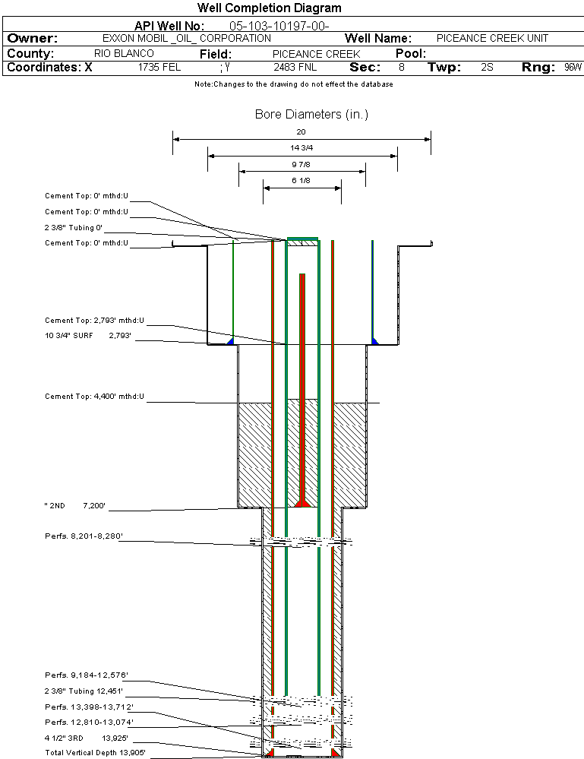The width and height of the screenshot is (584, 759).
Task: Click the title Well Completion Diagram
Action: coord(269,8)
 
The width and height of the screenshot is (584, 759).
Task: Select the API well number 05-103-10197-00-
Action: coord(279,26)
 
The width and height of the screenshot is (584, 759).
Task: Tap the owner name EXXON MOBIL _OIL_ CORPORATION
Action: coord(186,38)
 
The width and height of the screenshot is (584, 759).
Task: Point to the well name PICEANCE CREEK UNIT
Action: coord(492,38)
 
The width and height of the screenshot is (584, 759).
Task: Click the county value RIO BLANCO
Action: coord(124,54)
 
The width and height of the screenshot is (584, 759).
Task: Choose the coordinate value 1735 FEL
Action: coord(159,68)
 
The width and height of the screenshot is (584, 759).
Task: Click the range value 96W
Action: coord(573,68)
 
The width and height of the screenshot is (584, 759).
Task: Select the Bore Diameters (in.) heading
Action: coord(311,115)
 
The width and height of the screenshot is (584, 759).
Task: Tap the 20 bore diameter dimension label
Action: coord(301,131)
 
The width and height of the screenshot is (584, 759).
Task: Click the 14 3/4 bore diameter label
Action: coord(301,147)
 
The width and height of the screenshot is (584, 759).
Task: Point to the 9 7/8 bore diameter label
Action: coord(301,164)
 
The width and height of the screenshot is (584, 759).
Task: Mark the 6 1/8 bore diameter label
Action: coord(301,180)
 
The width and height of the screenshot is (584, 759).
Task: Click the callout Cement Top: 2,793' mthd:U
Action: coord(94,321)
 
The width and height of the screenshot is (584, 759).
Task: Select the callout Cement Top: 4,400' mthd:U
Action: coord(94,397)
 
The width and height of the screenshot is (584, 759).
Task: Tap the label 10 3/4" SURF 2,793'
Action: coord(88,335)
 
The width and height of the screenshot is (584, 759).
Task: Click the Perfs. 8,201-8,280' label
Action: coord(84,536)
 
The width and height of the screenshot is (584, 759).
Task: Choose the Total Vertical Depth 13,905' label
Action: coord(95,752)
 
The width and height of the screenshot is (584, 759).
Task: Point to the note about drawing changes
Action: coord(293,84)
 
